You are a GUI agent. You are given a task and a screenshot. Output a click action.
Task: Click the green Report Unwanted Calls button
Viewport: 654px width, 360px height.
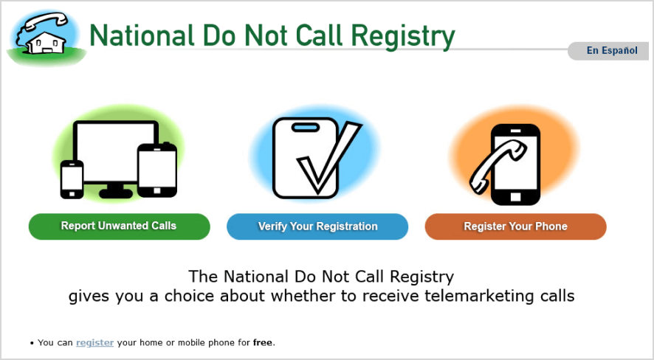pyautogui.click(x=120, y=226)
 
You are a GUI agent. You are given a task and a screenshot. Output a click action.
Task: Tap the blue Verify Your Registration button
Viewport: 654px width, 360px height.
pyautogui.click(x=317, y=226)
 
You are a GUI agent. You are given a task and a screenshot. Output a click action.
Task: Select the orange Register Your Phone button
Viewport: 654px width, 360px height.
pyautogui.click(x=515, y=226)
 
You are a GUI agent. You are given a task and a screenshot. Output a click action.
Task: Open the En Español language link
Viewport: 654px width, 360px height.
pyautogui.click(x=612, y=50)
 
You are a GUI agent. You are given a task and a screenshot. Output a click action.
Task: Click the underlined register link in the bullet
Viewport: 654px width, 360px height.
pyautogui.click(x=94, y=342)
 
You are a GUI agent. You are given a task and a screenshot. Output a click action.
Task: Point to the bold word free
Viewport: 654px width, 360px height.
pyautogui.click(x=263, y=342)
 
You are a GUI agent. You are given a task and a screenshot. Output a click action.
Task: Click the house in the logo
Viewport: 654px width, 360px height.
pyautogui.click(x=47, y=43)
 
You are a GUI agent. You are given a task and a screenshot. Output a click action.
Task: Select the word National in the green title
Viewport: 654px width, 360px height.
pyautogui.click(x=142, y=35)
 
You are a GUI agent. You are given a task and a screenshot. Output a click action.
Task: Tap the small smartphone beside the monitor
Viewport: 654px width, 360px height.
pyautogui.click(x=72, y=179)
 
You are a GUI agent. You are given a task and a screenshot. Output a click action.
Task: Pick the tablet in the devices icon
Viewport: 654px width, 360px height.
pyautogui.click(x=157, y=170)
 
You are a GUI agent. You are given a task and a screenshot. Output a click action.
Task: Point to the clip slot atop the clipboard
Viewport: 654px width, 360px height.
pyautogui.click(x=306, y=127)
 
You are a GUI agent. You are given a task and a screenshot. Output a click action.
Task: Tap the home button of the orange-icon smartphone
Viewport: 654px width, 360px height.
pyautogui.click(x=515, y=196)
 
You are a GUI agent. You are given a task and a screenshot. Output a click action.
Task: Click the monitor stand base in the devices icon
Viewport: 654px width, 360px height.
pyautogui.click(x=116, y=193)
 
